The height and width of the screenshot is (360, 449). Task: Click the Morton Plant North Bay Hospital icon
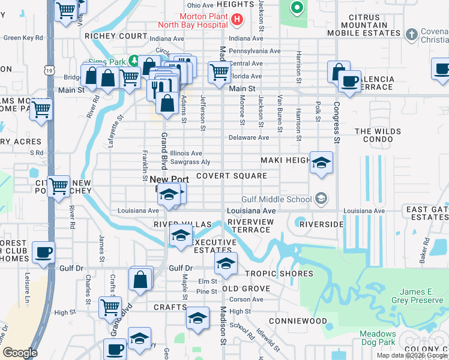[238, 20]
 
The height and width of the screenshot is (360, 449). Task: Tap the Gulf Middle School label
[276, 199]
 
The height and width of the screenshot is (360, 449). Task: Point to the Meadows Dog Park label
[378, 338]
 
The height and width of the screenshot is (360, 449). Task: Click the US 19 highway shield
[48, 70]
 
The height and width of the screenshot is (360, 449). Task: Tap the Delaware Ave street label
[251, 137]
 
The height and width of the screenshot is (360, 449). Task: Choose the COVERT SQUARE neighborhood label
[231, 176]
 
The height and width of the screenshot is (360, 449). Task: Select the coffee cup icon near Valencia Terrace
[349, 81]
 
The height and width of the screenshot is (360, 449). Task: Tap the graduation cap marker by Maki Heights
[321, 162]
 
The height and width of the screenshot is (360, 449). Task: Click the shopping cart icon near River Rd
[58, 186]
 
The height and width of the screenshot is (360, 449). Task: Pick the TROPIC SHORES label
[279, 274]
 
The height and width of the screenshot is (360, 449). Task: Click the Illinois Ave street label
[186, 153]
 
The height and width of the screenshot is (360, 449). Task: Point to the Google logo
[20, 353]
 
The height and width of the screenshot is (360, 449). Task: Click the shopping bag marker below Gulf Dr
[140, 279]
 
